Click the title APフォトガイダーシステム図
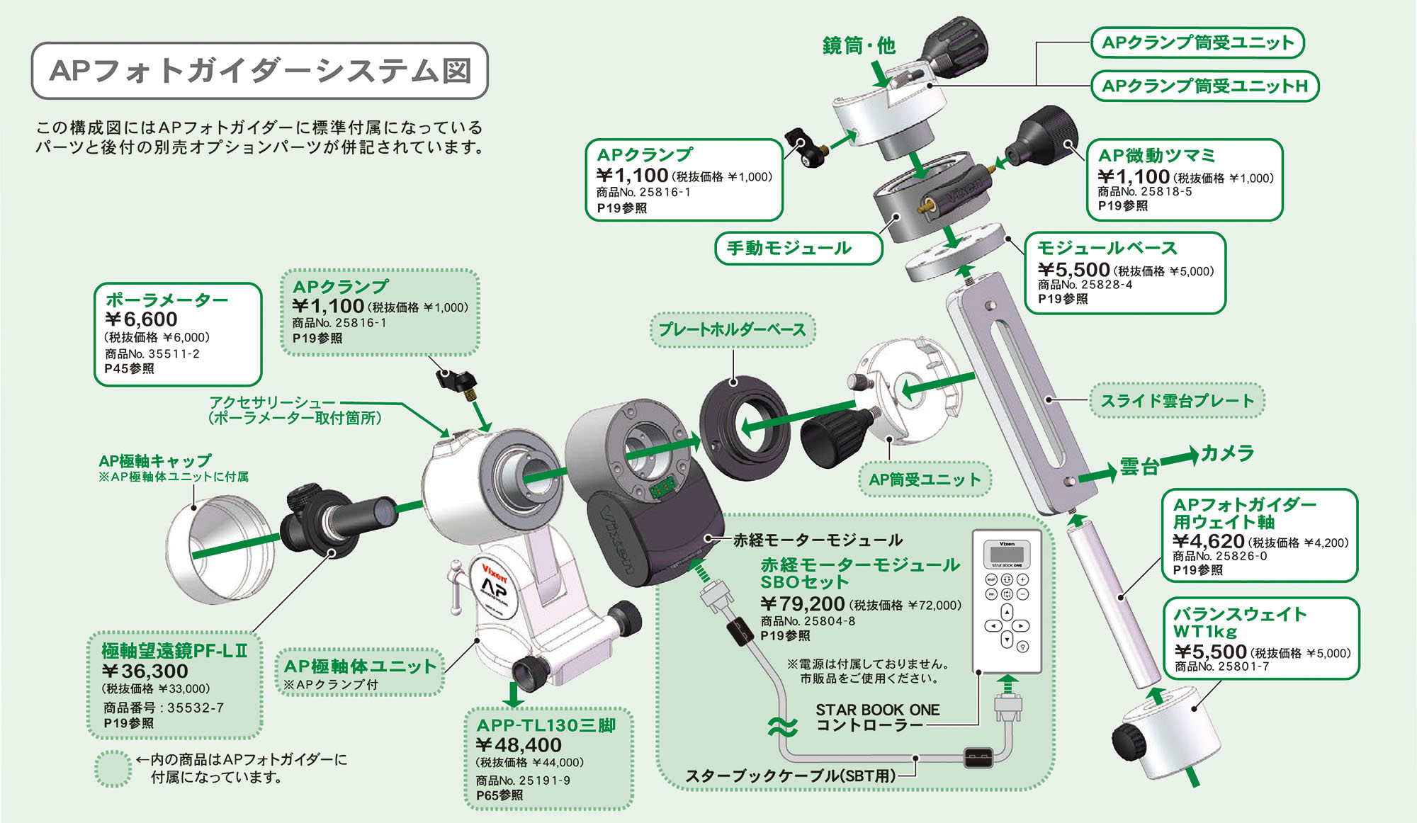260,71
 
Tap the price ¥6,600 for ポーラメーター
141,319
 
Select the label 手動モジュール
789,249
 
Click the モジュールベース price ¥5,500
1073,270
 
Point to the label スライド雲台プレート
1177,401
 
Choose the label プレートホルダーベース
732,330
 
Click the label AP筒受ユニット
925,479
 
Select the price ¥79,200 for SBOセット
803,604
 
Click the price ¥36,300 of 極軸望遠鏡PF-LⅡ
145,671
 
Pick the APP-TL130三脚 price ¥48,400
519,745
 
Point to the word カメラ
1228,453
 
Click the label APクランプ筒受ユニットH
1204,86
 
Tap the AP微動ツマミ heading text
1156,156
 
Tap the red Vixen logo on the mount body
494,572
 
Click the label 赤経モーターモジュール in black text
818,540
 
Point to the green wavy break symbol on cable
783,726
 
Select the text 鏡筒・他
859,46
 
